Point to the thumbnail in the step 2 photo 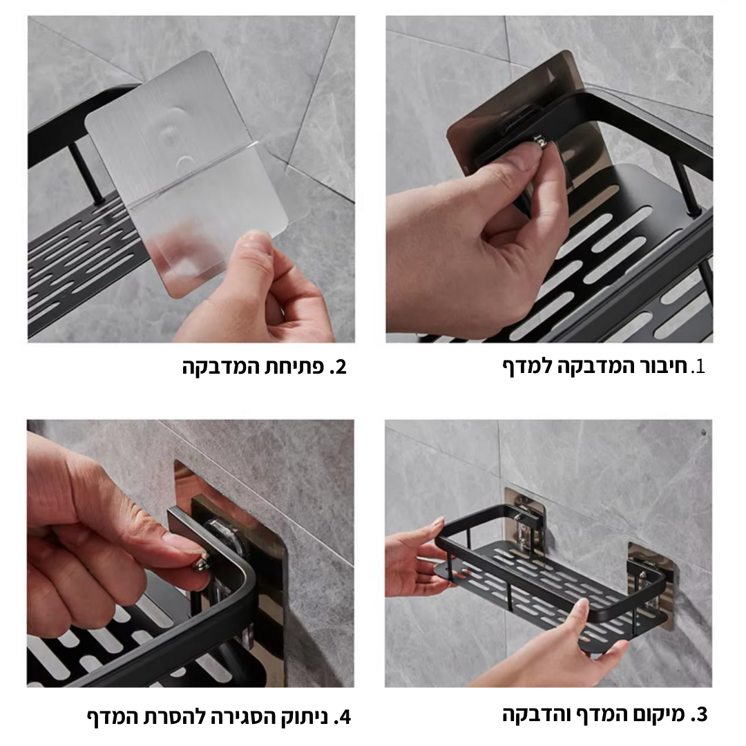click(255, 241)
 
